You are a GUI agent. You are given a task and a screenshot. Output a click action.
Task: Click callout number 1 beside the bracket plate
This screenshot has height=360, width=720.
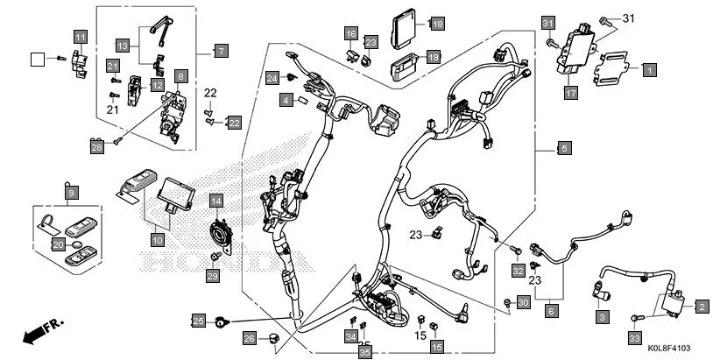[648, 67]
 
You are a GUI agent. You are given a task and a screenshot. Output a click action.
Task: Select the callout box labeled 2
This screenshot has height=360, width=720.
[701, 306]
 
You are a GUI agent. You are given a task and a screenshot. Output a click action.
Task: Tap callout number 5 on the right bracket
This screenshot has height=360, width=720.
[563, 149]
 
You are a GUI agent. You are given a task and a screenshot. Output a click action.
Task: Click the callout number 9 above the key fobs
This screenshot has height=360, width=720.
[71, 191]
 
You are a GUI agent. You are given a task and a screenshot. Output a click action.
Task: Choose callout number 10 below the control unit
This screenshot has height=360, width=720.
[157, 239]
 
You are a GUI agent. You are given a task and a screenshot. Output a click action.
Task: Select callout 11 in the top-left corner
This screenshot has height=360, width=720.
[80, 37]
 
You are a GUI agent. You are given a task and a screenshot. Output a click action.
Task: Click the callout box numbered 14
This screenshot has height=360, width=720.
[215, 201]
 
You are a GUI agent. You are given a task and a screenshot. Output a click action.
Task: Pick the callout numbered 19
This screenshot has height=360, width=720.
[433, 57]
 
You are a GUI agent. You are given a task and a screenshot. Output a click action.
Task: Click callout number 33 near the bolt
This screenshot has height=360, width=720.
[634, 336]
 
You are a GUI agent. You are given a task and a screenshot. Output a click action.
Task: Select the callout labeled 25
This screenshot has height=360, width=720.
[199, 321]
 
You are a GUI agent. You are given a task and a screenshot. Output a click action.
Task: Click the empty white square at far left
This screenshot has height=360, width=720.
[37, 59]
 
